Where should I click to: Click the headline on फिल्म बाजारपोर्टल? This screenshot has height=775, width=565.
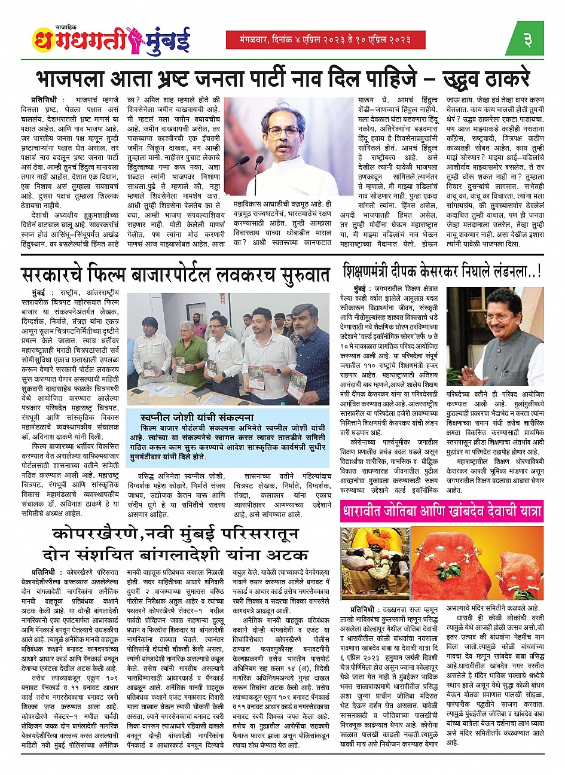(x=176, y=274)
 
